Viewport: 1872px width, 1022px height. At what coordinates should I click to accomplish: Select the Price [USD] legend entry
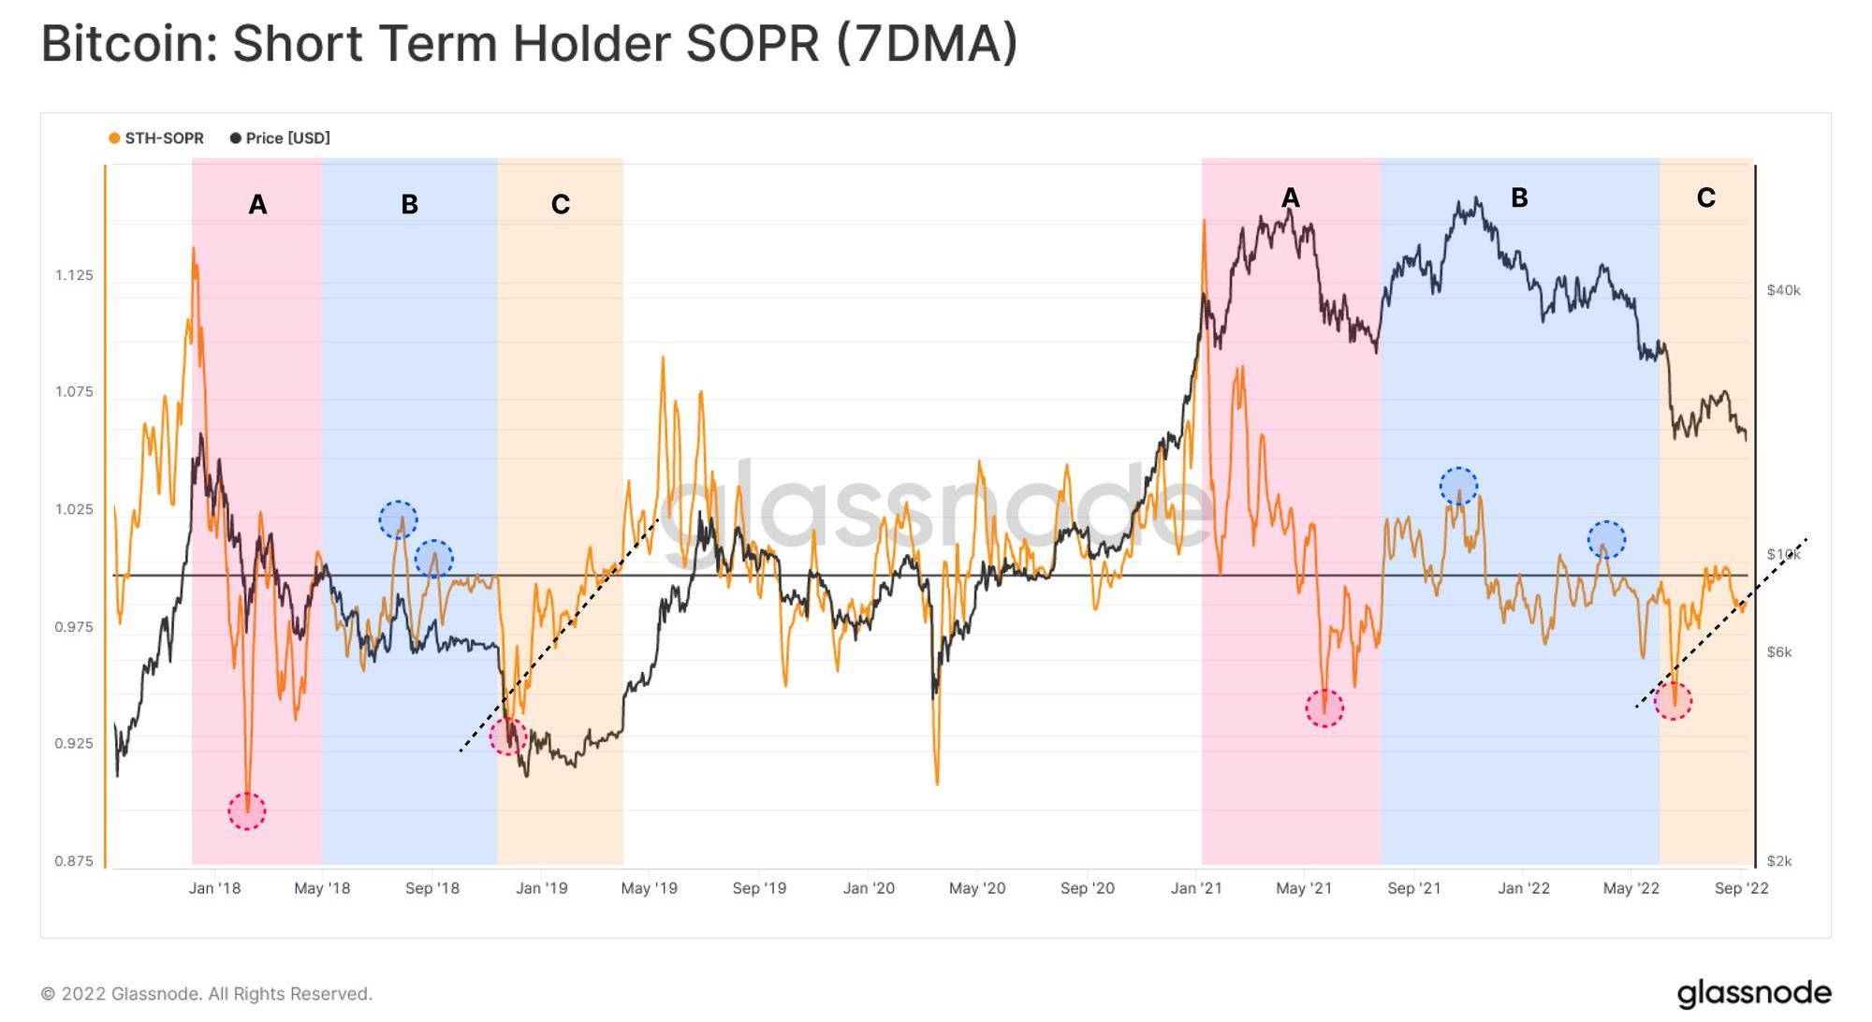(x=280, y=139)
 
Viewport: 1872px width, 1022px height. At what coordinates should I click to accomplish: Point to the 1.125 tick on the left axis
(x=74, y=275)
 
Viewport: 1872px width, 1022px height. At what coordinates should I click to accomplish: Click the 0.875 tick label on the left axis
(x=74, y=861)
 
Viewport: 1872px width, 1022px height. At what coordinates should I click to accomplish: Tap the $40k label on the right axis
(x=1783, y=290)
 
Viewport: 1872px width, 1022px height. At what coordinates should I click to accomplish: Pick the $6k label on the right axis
(x=1778, y=652)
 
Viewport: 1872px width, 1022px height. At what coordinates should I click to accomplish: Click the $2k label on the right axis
(x=1778, y=861)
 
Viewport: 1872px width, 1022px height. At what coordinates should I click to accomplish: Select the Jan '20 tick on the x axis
(x=869, y=888)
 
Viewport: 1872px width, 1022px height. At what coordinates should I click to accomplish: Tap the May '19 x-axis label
(x=649, y=888)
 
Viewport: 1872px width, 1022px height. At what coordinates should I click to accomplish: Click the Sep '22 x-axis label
(x=1741, y=888)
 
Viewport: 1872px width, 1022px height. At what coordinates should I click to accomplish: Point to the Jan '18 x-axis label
(x=214, y=888)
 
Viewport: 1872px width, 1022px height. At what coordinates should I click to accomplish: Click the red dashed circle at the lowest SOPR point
(x=247, y=810)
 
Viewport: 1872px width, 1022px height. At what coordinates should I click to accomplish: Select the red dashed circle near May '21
(x=1324, y=708)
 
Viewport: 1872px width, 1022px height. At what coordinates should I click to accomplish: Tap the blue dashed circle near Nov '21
(x=1458, y=486)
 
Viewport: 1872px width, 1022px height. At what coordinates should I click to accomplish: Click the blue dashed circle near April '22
(x=1606, y=540)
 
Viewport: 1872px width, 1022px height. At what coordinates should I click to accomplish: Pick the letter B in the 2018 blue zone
(x=409, y=204)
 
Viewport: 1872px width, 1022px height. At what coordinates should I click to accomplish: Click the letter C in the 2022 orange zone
(x=1705, y=197)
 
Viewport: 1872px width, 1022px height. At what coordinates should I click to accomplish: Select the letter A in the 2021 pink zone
(x=1290, y=197)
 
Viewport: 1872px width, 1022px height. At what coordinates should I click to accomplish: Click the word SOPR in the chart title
(x=753, y=43)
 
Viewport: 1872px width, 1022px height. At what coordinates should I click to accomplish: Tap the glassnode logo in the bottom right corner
(x=1753, y=993)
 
